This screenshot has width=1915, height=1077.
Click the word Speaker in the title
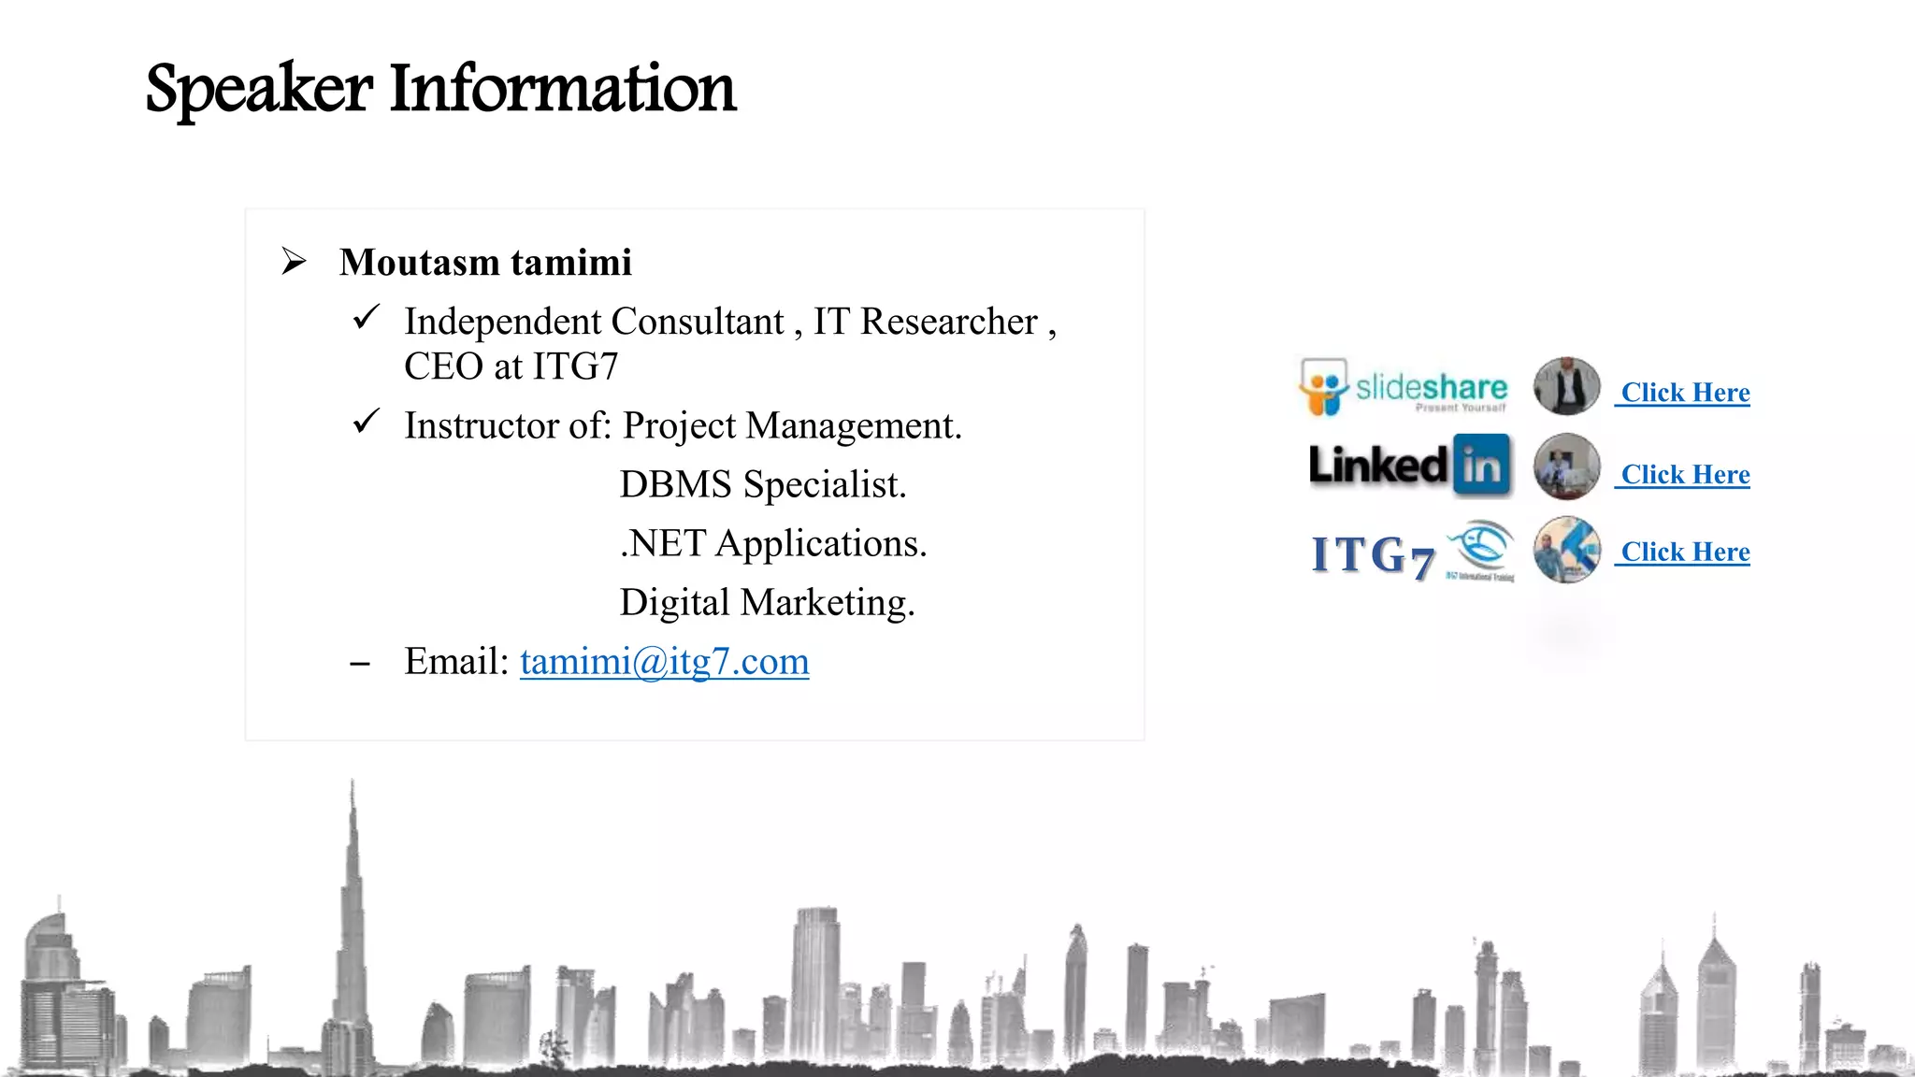[x=259, y=90]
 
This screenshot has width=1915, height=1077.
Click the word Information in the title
[x=562, y=88]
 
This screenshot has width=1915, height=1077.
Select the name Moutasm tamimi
[x=485, y=263]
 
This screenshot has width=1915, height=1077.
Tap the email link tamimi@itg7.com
[x=664, y=662]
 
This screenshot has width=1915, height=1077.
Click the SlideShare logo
[x=1404, y=387]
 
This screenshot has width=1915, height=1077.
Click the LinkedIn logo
[x=1409, y=465]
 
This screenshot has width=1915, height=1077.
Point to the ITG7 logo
[x=1412, y=553]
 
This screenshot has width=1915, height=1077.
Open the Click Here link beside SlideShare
[x=1684, y=393]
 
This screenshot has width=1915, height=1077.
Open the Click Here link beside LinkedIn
[x=1684, y=475]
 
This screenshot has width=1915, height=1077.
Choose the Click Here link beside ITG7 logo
[x=1684, y=553]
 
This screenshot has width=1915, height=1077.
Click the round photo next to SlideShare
[x=1566, y=386]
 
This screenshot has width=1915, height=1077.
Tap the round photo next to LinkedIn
[x=1566, y=466]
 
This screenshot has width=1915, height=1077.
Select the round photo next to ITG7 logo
[x=1566, y=551]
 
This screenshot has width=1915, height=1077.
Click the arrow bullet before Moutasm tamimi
[x=294, y=261]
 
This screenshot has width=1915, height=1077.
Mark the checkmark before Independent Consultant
[x=366, y=318]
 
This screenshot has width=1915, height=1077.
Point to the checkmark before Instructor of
[x=366, y=422]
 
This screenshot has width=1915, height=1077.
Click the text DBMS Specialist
[x=762, y=485]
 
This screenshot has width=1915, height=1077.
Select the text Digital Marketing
[x=767, y=603]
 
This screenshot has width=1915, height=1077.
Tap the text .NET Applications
[x=772, y=544]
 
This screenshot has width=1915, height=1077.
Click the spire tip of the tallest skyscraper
[x=353, y=783]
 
